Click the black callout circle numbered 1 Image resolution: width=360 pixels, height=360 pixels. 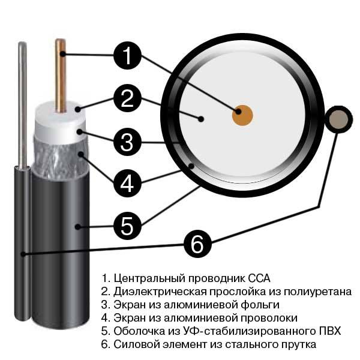[127, 56]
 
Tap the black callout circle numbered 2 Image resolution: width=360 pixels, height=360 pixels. [127, 98]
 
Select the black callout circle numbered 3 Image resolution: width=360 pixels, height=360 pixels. [127, 142]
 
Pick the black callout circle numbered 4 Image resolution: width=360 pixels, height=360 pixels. [127, 183]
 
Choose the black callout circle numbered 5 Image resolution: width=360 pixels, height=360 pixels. [127, 226]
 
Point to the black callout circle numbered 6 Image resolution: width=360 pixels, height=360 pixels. [197, 244]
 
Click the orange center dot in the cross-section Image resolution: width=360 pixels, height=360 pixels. [242, 115]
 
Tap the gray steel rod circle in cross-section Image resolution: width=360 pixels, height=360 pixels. [338, 119]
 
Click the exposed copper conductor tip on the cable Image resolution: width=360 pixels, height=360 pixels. [61, 76]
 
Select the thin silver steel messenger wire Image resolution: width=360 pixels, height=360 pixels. [23, 104]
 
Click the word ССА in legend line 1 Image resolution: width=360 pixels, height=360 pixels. [259, 278]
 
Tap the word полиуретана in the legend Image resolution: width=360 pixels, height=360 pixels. [317, 292]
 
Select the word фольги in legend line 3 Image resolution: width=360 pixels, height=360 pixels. [260, 305]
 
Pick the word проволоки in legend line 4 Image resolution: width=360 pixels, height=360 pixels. [269, 318]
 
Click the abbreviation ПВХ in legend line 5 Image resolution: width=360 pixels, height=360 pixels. [330, 331]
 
